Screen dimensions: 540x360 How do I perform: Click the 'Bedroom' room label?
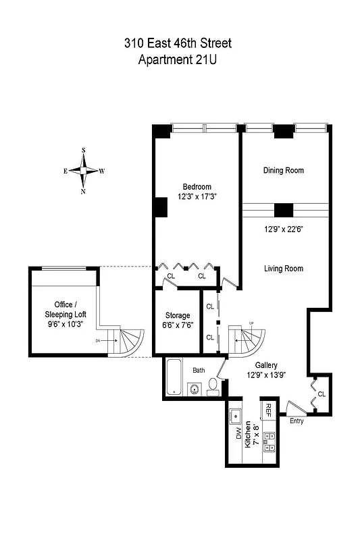[197, 187]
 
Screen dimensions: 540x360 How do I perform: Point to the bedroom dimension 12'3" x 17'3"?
[197, 197]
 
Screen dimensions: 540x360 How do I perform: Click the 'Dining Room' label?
[283, 171]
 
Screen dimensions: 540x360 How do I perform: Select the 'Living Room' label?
[283, 269]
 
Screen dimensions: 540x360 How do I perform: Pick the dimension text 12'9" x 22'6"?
[283, 229]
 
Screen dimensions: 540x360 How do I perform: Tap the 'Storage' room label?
[178, 315]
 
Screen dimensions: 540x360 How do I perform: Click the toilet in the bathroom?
[213, 386]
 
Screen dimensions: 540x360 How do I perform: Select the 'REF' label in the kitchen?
[268, 410]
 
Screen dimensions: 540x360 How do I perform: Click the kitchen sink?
[236, 414]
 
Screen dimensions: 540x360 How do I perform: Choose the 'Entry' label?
[297, 422]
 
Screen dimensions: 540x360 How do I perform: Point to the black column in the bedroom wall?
[161, 207]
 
